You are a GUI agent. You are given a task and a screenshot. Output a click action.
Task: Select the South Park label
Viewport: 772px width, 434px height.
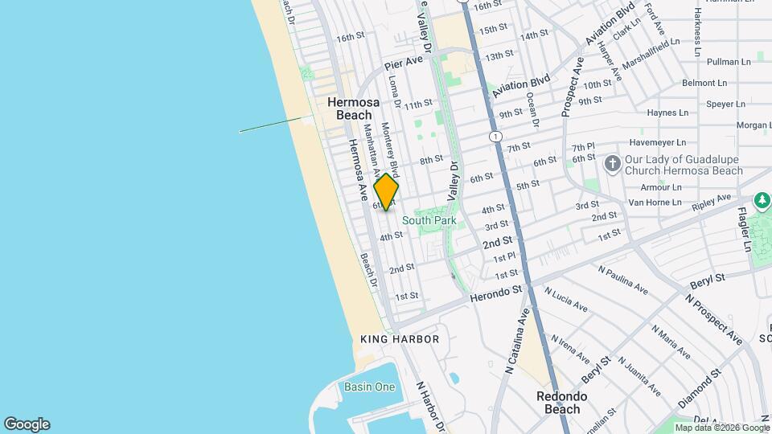(x=429, y=220)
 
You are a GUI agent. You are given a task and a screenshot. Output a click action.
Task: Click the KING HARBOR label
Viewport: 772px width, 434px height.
(x=400, y=339)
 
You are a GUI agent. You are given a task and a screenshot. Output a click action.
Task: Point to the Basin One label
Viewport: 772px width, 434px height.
(x=370, y=387)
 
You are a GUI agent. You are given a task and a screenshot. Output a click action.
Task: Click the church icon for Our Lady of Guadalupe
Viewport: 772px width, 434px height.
(x=613, y=165)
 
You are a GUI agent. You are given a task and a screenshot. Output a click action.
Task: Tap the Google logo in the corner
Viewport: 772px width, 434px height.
(x=27, y=424)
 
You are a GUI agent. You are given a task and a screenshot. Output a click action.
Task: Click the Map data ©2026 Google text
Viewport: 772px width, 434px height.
(x=721, y=428)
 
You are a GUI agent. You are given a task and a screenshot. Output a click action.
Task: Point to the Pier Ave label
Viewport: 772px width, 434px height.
(x=404, y=63)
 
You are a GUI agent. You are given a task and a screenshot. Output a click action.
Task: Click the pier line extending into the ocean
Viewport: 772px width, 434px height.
(x=270, y=125)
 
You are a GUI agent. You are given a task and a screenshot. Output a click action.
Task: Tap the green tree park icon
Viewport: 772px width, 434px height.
(x=762, y=199)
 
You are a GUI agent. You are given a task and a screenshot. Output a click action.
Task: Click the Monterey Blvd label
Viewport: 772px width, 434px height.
(x=390, y=149)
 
